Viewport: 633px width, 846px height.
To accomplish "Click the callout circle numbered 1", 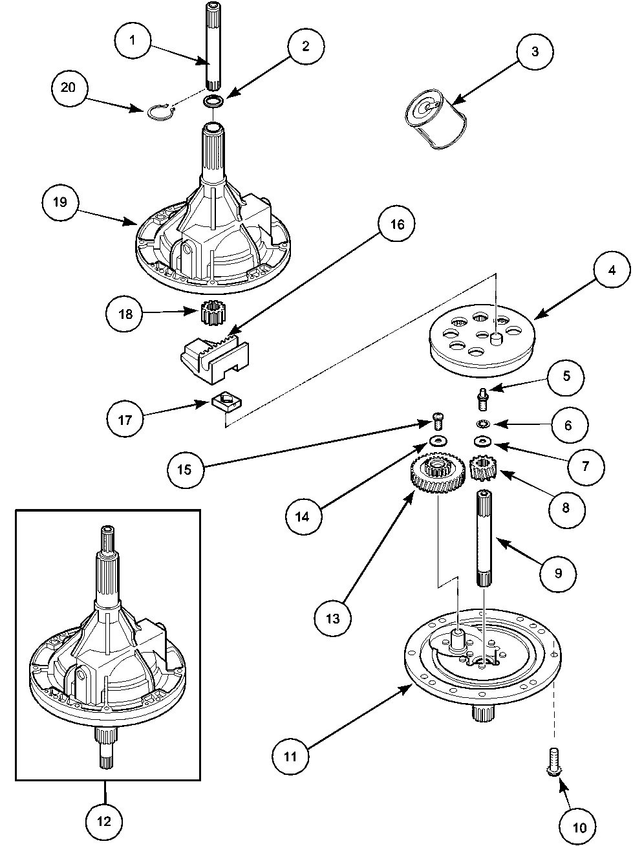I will pyautogui.click(x=132, y=39).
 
